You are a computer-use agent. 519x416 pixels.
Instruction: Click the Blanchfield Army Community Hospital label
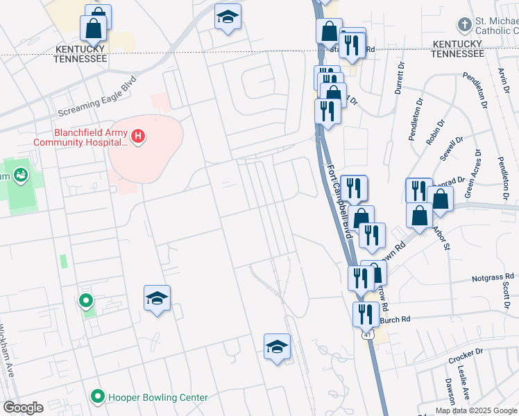point(81,137)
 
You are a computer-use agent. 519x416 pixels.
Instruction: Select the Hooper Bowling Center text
point(158,397)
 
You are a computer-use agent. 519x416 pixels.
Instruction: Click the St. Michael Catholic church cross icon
point(463,26)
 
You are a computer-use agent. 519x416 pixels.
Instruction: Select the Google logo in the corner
point(23,408)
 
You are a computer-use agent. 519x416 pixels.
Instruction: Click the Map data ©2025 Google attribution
point(476,410)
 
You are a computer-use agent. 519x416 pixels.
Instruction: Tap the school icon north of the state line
point(227,17)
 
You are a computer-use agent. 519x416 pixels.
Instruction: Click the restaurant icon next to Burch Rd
point(365,313)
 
